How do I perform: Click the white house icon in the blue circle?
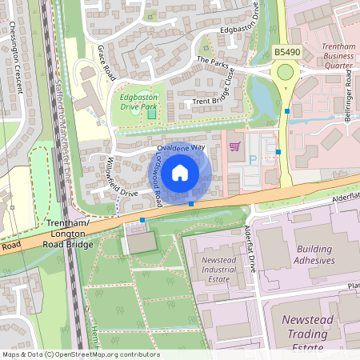pos(180,173)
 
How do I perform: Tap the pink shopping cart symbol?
pos(234,146)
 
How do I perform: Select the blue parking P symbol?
pos(254,159)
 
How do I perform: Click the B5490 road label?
pos(287,51)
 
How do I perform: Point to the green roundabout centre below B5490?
pos(285,74)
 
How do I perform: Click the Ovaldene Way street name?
pos(181,148)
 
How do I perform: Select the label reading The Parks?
pos(212,61)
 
